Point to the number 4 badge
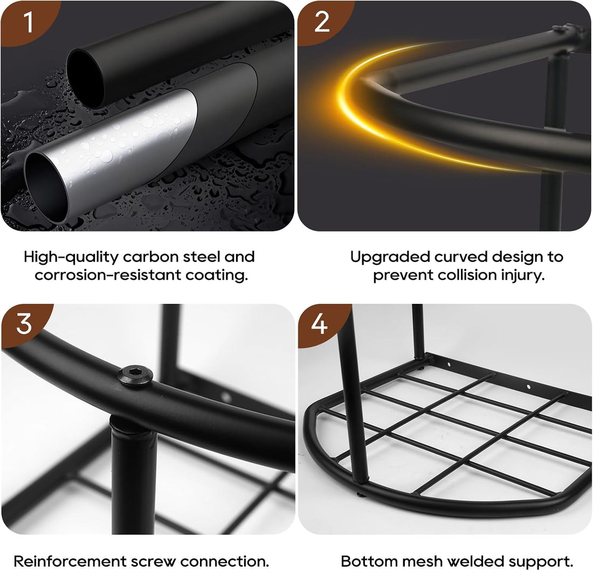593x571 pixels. tap(320, 324)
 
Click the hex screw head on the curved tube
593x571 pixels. tap(135, 375)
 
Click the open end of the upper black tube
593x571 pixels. tap(86, 79)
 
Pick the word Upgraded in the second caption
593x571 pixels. tap(390, 257)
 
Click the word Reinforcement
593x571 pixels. tap(70, 561)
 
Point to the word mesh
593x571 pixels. tap(422, 561)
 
